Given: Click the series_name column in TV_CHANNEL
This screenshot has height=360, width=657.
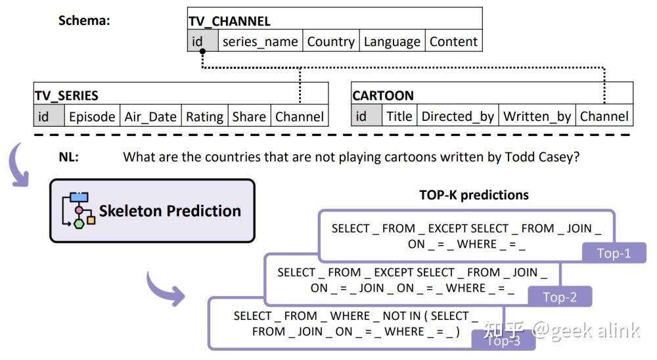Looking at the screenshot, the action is click(260, 41).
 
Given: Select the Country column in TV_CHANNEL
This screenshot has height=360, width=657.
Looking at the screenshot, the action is click(331, 41).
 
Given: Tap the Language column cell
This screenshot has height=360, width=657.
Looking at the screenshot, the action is click(392, 41).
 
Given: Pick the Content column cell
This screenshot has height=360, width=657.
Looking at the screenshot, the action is click(454, 41).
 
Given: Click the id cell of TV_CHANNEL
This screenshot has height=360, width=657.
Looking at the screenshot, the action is click(203, 41).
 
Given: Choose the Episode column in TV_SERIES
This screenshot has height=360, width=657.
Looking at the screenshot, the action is click(92, 116).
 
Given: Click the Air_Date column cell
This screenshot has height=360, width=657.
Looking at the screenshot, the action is click(150, 116).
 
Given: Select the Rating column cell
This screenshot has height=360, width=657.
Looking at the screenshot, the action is click(204, 116).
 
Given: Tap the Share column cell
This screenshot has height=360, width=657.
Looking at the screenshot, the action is click(249, 116).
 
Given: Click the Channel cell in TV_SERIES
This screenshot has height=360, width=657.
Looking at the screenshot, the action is click(300, 116).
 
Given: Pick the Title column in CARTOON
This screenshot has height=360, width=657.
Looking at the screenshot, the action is click(399, 116).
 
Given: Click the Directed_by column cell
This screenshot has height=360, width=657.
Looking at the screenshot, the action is click(457, 116).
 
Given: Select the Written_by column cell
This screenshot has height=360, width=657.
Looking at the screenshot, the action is click(537, 116).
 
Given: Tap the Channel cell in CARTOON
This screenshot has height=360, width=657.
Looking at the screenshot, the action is click(604, 116).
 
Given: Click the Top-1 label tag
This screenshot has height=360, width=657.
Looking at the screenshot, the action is click(614, 253).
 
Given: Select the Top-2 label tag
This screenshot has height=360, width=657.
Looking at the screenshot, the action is click(560, 297).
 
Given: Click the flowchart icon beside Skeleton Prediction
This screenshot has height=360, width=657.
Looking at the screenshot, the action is click(78, 210).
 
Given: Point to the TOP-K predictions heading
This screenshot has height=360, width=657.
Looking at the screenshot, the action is click(474, 195).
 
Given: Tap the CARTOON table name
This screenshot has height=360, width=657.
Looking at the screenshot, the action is click(383, 95).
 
